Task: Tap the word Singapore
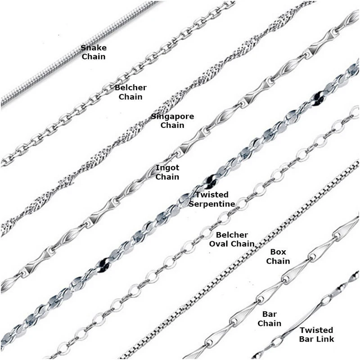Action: coord(172,117)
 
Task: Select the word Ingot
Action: coord(167,168)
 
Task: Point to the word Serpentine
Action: coord(212,204)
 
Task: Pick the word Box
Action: coord(278,252)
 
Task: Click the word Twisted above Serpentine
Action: coord(212,195)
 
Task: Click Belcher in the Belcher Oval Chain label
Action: coord(232,235)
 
